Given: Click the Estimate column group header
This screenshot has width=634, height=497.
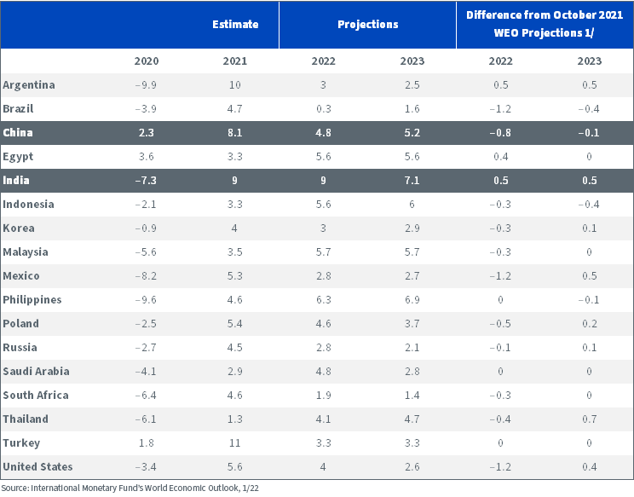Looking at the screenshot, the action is tap(235, 24).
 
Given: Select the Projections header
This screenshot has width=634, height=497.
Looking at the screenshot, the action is tap(368, 24).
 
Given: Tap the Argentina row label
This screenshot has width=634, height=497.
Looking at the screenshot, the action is tap(29, 85).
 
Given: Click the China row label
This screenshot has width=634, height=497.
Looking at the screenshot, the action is tap(18, 133).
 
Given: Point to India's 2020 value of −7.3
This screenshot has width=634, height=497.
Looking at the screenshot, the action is tap(146, 181).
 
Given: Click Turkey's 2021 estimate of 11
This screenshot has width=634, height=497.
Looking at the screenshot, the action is tap(234, 442).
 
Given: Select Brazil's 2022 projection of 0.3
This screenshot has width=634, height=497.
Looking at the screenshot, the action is tap(324, 109).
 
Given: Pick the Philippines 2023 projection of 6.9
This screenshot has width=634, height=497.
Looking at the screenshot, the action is tap(412, 300).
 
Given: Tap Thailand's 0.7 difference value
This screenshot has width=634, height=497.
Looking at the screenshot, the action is tap(590, 419).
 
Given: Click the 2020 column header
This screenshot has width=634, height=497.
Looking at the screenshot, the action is tap(147, 61).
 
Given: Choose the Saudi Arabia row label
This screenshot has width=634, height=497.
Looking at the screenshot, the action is tap(36, 371).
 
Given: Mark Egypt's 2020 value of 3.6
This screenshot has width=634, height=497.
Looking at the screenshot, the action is tap(147, 157).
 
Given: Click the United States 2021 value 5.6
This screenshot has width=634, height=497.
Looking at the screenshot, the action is tap(234, 466).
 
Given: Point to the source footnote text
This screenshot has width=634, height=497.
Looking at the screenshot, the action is tap(130, 488).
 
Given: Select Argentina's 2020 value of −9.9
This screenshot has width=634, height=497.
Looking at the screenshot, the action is tap(146, 85).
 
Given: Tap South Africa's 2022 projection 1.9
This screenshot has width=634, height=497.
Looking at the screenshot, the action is tap(324, 395).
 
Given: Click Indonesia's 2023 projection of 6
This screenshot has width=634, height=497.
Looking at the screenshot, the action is tap(412, 205).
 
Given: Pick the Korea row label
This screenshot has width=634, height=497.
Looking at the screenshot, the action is tap(19, 228).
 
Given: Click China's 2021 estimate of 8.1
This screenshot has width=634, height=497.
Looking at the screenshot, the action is tap(234, 133).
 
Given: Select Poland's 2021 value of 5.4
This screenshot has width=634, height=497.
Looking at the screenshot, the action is tap(234, 323).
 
